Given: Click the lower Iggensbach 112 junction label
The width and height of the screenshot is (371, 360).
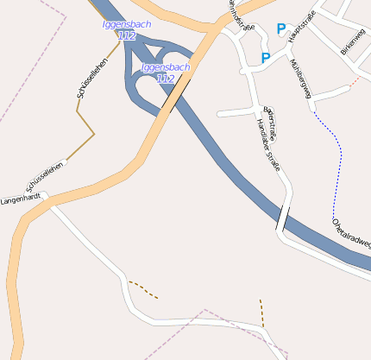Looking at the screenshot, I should click(x=165, y=73).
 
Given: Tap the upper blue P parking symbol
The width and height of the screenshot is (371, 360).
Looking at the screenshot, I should click(x=280, y=29).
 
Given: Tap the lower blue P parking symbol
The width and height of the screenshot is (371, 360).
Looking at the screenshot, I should click(x=265, y=59).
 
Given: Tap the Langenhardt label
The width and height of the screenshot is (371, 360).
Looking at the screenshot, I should click(x=22, y=199).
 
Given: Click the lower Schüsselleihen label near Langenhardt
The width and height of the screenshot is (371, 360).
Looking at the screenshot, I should click(x=45, y=175).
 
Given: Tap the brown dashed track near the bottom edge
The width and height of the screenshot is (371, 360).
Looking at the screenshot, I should click(x=261, y=312).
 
